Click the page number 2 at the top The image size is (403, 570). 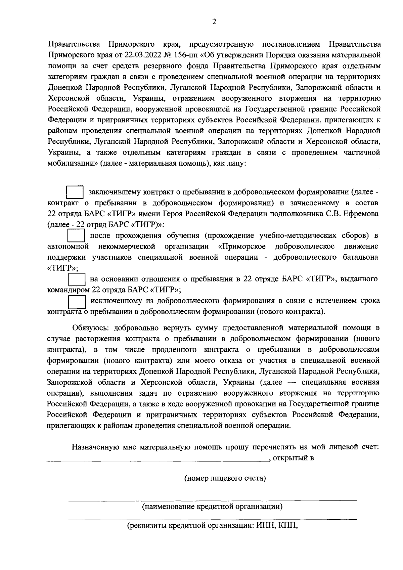click(x=214, y=22)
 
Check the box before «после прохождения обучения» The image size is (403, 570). click(x=76, y=235)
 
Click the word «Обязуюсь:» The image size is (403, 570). click(x=91, y=327)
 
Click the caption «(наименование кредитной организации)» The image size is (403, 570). click(x=212, y=506)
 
